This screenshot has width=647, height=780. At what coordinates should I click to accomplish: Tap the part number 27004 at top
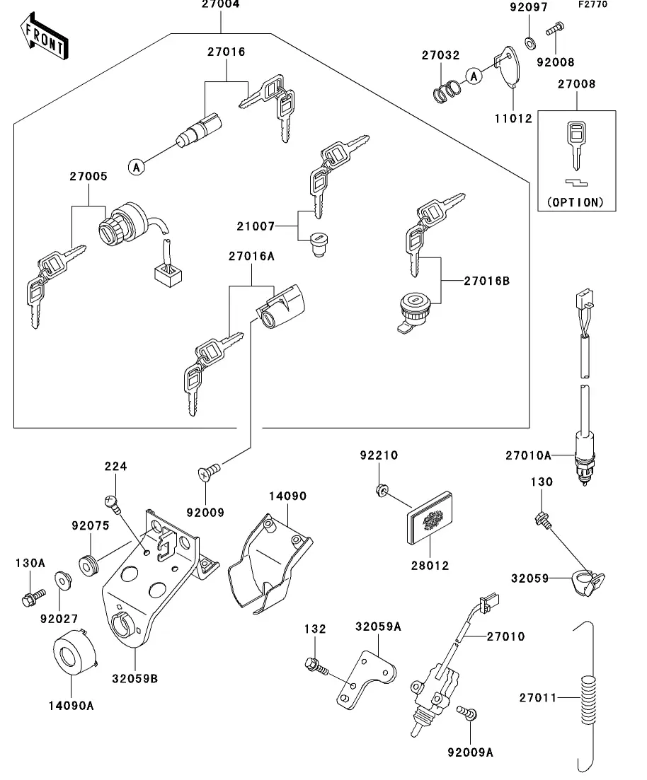(220, 5)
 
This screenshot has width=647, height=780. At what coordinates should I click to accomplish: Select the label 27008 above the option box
(576, 83)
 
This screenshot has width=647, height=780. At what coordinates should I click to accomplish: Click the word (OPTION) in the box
(576, 202)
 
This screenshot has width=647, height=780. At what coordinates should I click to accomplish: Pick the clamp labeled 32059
(586, 582)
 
